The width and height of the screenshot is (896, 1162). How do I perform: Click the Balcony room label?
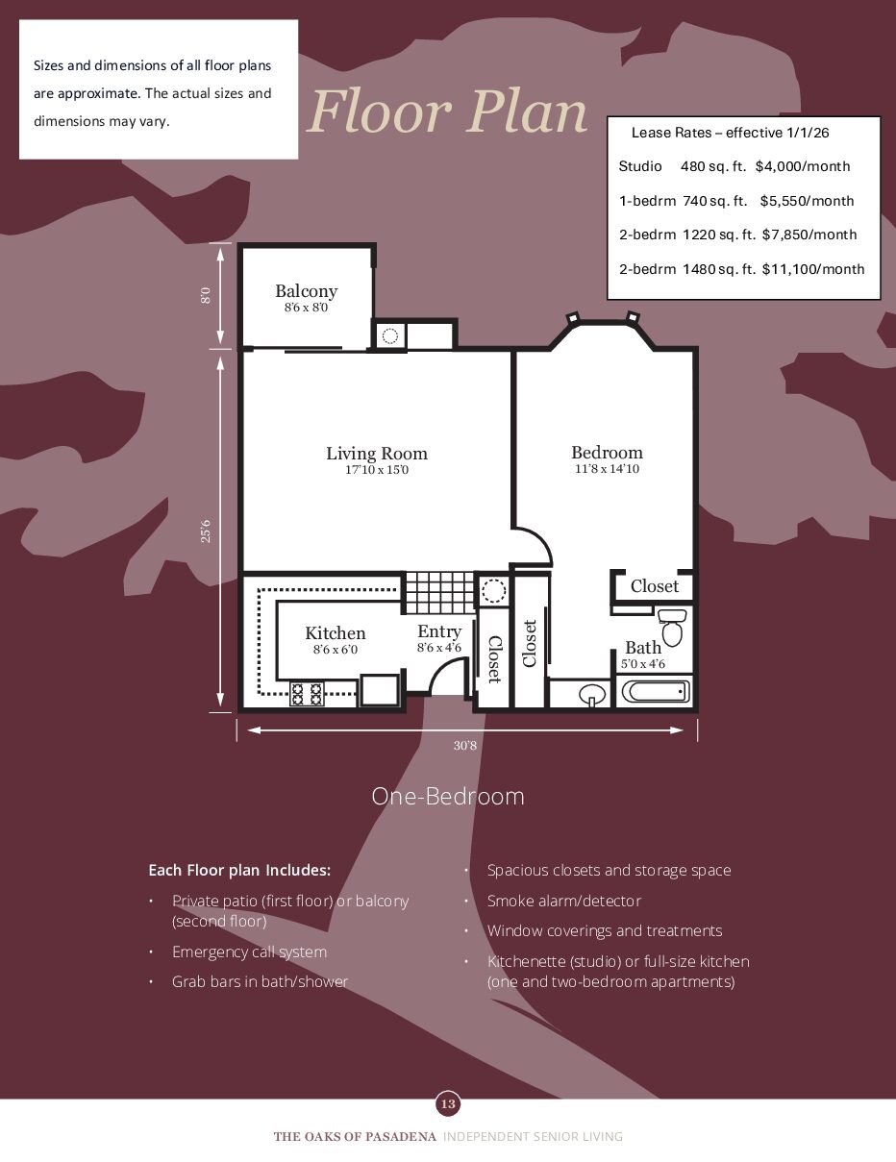306,291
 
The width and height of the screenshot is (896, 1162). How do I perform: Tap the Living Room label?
377,454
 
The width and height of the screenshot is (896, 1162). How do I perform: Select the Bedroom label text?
607,453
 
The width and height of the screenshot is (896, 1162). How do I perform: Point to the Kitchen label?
336,633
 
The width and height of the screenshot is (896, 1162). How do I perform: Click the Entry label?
439,631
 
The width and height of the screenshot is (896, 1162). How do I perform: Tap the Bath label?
643,648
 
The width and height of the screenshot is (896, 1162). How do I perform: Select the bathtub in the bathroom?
656,692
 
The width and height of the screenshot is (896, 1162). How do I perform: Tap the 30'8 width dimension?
465,746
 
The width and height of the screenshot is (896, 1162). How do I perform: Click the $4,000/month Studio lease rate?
803,166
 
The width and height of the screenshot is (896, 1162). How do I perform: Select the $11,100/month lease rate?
813,269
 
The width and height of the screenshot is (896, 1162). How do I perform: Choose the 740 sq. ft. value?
714,201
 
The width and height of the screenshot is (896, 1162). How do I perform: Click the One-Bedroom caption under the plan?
448,797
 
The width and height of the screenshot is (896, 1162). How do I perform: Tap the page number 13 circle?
448,1104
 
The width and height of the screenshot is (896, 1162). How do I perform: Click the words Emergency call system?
250,952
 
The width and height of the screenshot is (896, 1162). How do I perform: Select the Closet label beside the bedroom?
655,586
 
